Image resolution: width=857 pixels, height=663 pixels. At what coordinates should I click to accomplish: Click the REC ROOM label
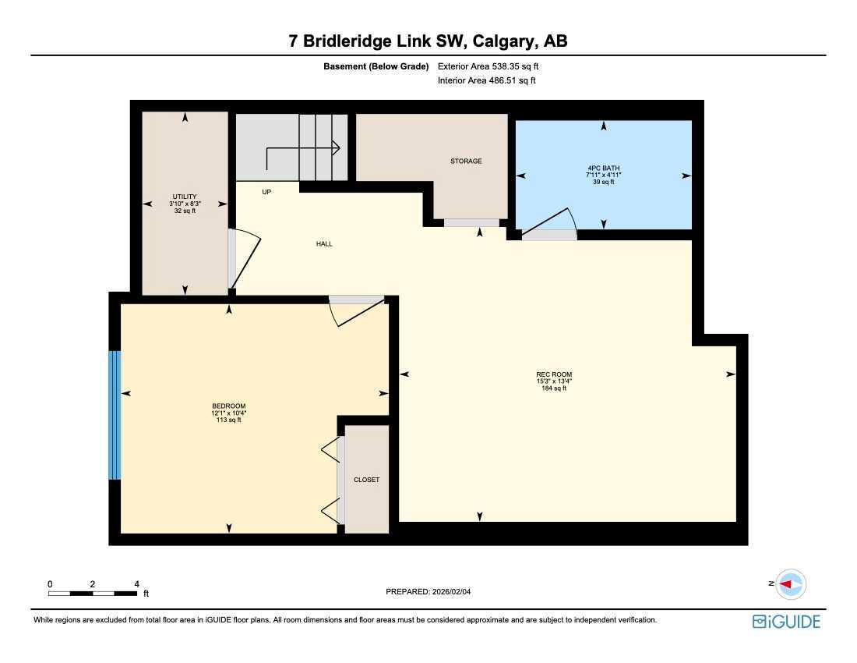point(554,374)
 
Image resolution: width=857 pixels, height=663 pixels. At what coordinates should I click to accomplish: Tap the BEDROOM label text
point(229,406)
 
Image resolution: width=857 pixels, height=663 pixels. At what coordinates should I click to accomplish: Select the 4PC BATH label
point(604,168)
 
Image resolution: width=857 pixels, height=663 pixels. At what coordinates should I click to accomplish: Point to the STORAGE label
point(466,161)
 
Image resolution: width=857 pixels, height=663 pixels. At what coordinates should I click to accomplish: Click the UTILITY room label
point(185,197)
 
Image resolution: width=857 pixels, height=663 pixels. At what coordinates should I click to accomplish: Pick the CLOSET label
point(366,480)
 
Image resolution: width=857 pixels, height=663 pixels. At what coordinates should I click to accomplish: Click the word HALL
point(324,244)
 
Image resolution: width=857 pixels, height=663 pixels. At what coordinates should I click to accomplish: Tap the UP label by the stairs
point(266,191)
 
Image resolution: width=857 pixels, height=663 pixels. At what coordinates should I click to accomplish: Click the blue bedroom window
point(115,414)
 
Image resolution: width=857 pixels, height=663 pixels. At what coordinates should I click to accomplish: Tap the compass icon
point(791,583)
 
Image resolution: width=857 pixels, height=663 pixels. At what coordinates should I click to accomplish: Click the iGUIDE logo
point(786,622)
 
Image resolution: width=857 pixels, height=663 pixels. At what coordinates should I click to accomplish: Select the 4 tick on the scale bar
point(136,583)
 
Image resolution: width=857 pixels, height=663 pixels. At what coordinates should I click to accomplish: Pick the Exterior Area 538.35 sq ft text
point(488,67)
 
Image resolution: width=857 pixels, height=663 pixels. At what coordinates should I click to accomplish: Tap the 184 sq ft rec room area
point(554,388)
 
